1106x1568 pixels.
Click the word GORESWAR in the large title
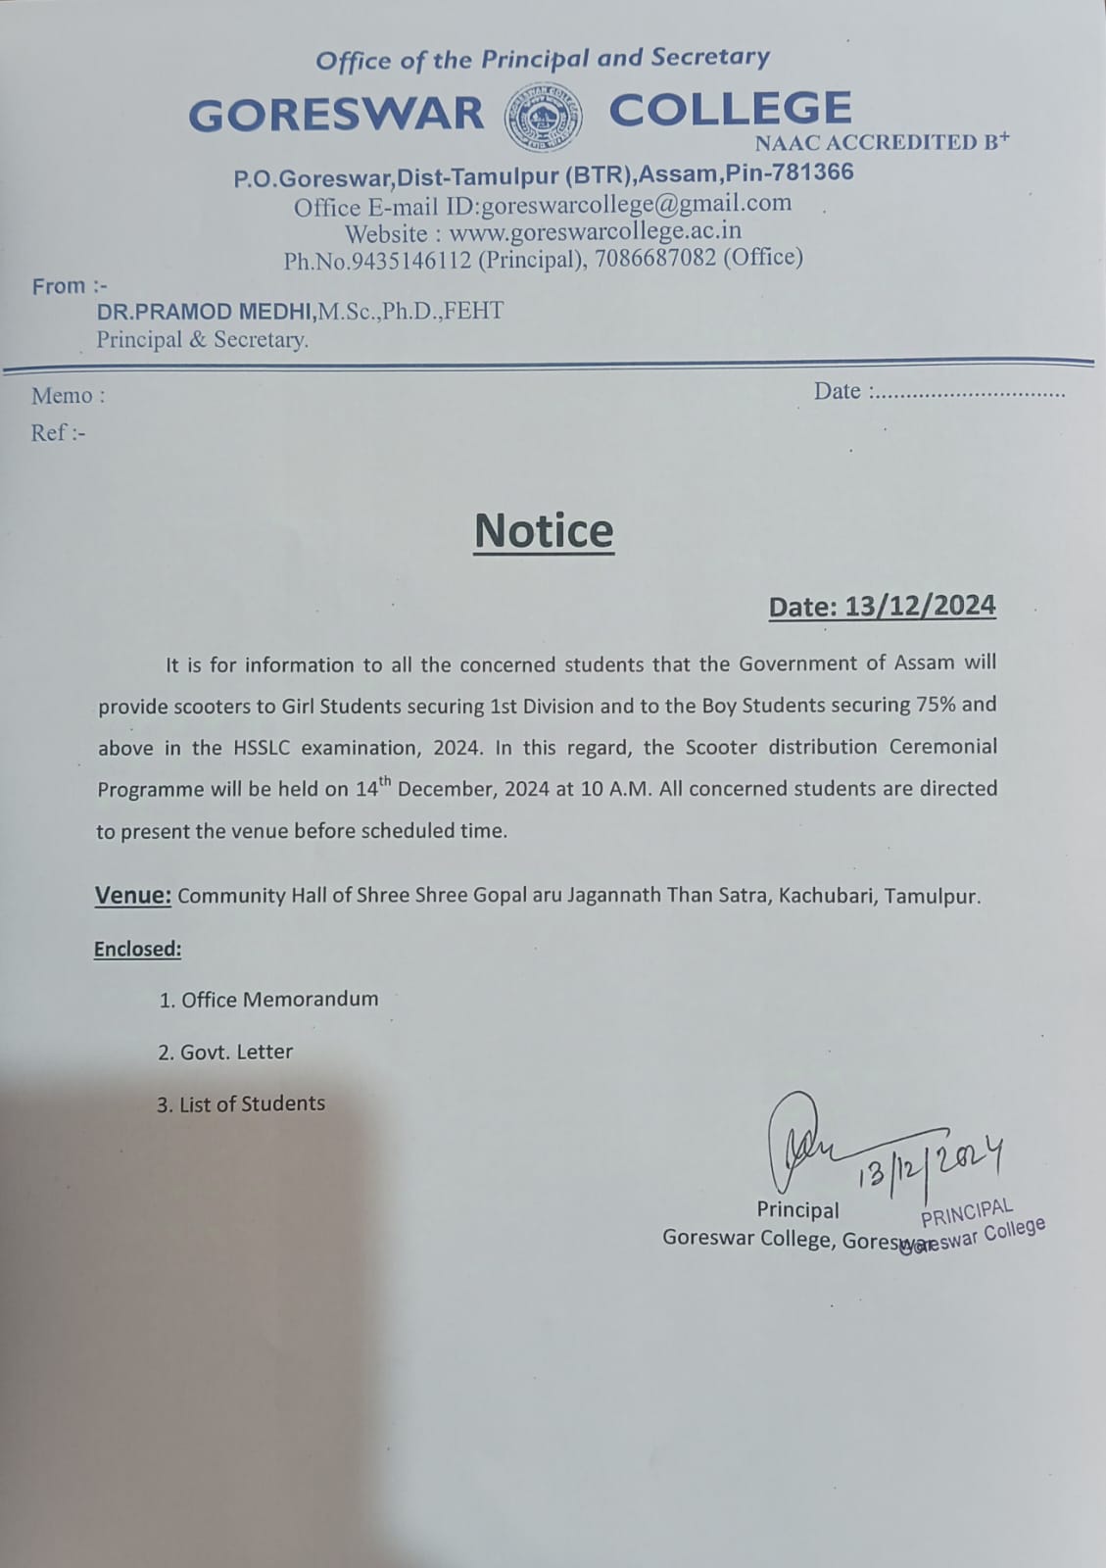click(336, 115)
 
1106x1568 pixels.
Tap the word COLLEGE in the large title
click(730, 109)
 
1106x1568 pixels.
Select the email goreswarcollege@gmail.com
click(636, 204)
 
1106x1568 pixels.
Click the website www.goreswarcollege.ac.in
click(595, 231)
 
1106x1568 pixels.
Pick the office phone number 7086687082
click(656, 258)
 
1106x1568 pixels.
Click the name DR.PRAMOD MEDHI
click(205, 312)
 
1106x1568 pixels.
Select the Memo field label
click(67, 396)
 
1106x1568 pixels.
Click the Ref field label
click(58, 432)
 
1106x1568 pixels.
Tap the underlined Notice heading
click(544, 530)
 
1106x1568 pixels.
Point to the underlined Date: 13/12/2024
click(882, 606)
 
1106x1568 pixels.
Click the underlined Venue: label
click(132, 895)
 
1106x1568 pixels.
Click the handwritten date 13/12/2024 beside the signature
click(931, 1163)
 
